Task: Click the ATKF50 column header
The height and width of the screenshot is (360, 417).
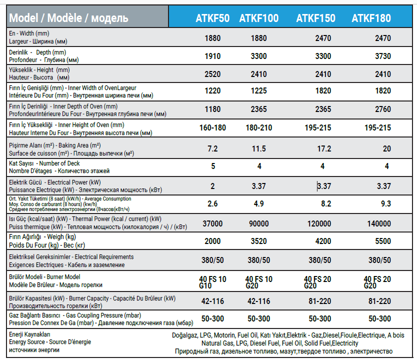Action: coord(212,18)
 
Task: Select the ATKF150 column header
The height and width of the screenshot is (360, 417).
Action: coord(316,18)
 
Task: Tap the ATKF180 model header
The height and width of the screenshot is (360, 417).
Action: coord(371,18)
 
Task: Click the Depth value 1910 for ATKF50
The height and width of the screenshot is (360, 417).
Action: coord(212,56)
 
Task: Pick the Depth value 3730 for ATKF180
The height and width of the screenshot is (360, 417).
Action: coord(383,56)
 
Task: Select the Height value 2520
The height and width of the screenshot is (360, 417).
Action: coord(212,74)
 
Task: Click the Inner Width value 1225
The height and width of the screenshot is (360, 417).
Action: coord(259,91)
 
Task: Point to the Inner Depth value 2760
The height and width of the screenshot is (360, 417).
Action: coord(383,109)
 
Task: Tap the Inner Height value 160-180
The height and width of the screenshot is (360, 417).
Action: coord(212,127)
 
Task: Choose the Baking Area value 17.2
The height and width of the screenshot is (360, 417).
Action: coord(324,149)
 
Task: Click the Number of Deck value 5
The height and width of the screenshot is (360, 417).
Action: coord(212,166)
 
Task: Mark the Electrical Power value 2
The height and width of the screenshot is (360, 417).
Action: coord(212,186)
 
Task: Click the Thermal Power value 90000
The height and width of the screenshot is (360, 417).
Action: coord(259,223)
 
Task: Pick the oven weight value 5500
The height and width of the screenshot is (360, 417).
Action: coord(383,241)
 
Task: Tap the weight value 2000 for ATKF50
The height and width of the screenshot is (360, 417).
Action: coord(212,241)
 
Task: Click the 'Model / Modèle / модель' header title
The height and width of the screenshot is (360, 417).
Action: coord(69,18)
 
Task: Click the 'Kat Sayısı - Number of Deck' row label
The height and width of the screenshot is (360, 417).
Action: coord(45,163)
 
